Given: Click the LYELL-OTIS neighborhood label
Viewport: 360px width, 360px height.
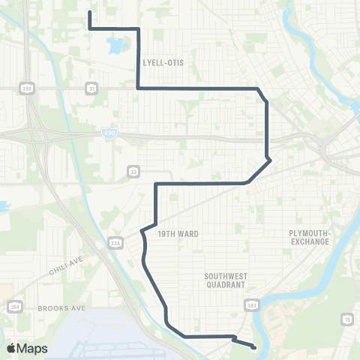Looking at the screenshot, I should [163, 62].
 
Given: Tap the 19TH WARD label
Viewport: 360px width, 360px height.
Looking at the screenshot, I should [178, 234].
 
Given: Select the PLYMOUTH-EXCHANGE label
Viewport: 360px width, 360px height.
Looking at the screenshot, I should [310, 237].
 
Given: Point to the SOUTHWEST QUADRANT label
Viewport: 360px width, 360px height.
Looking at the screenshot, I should [226, 280].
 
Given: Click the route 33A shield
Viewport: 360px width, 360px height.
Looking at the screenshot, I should [115, 242].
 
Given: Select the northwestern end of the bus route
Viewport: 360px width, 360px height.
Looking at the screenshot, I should [90, 13].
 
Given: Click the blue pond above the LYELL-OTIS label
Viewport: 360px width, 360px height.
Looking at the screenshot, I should [118, 47].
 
